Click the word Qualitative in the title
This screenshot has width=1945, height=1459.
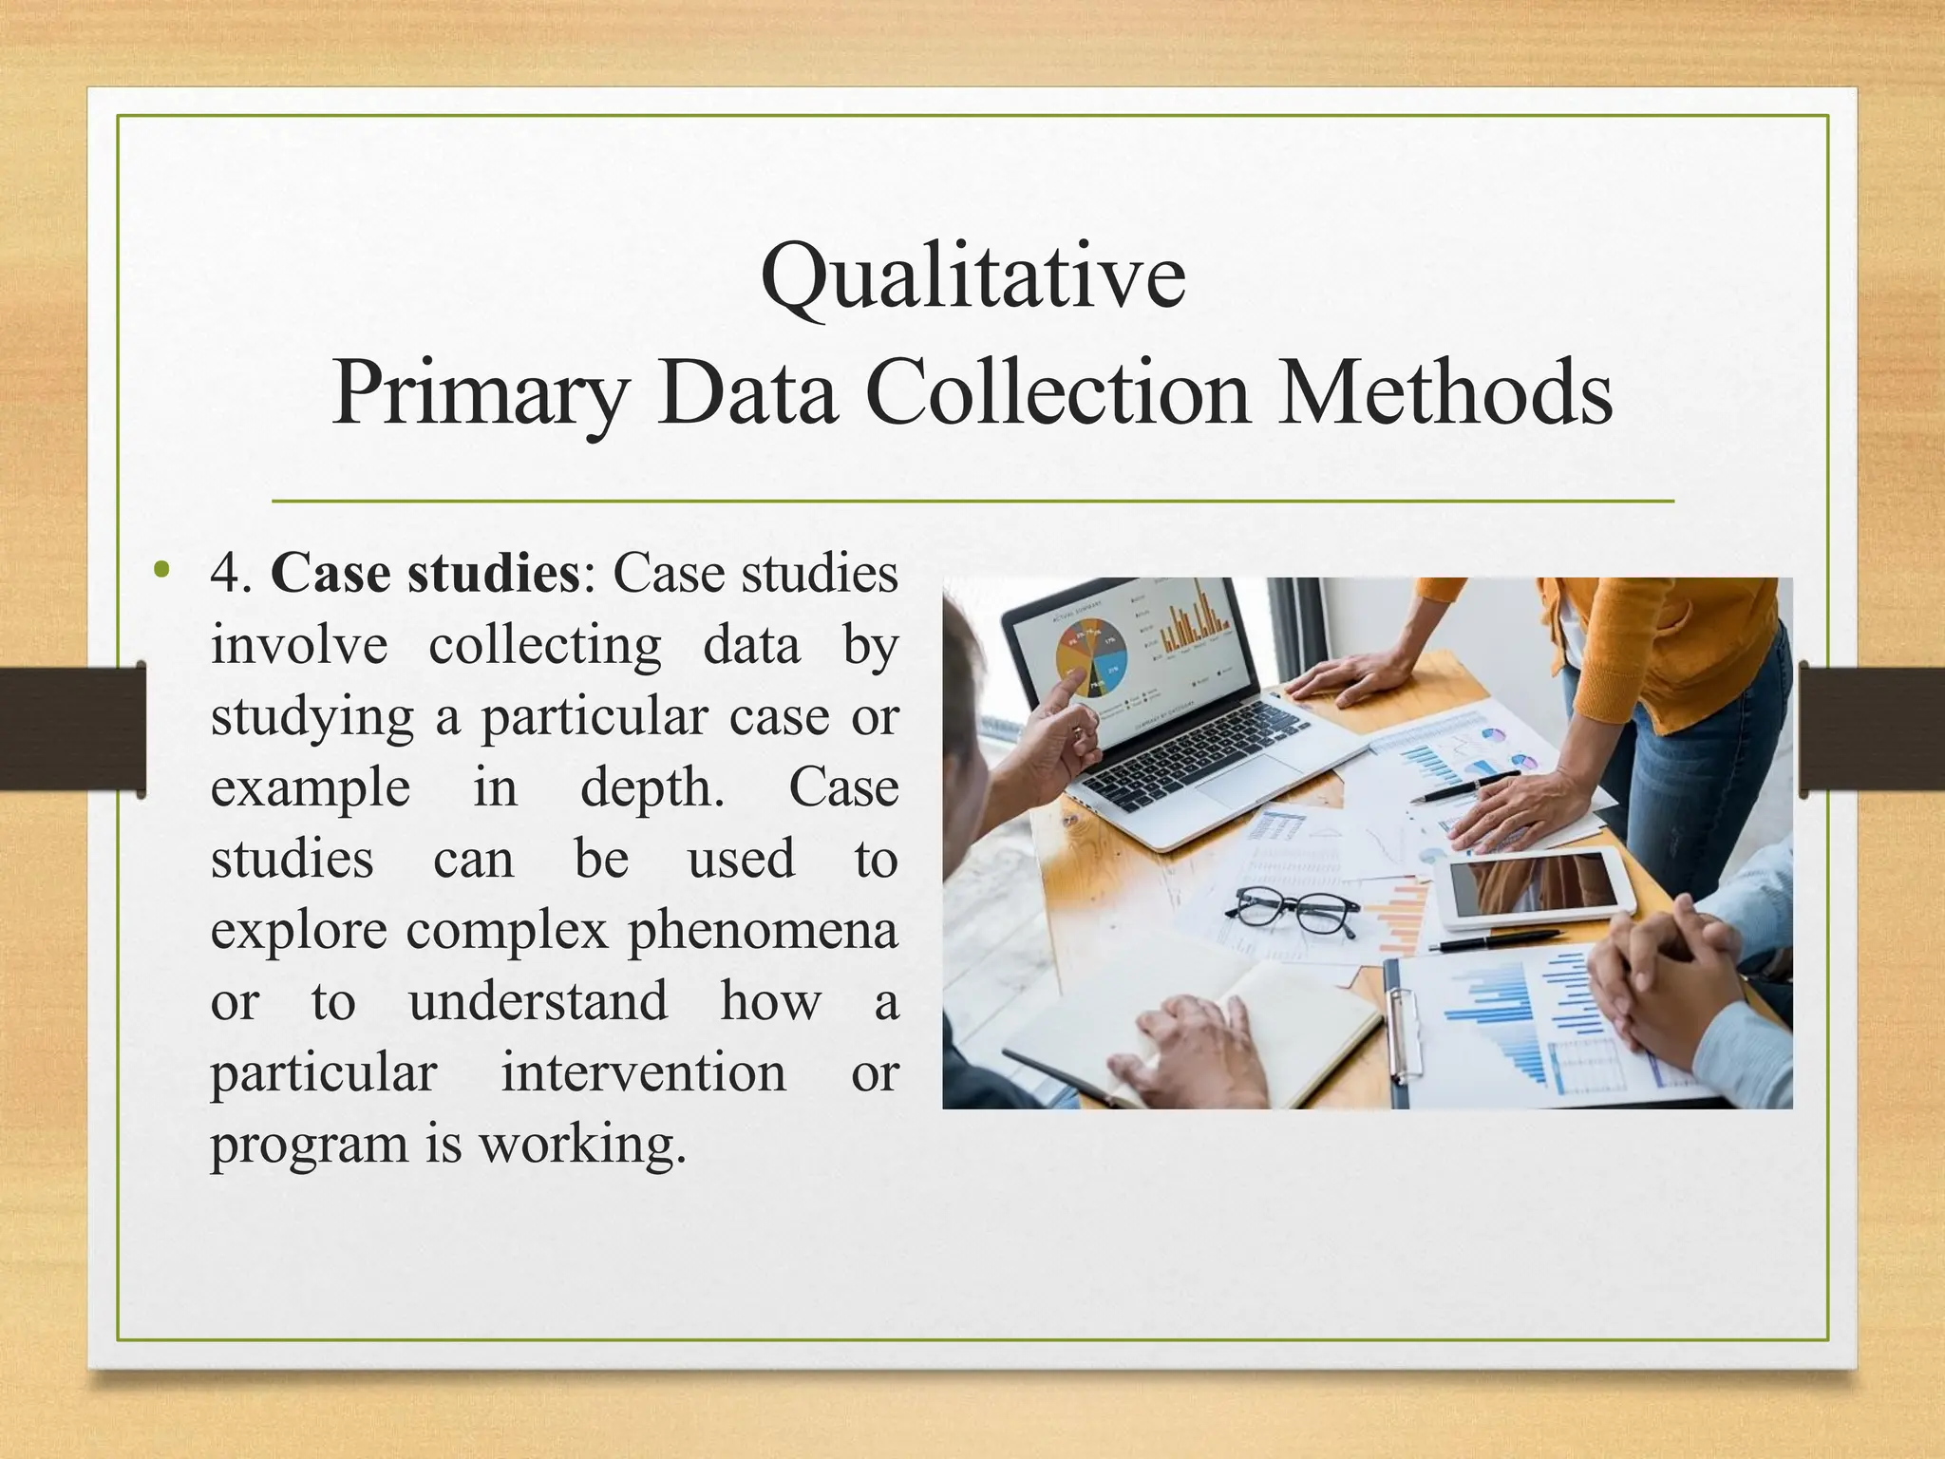pyautogui.click(x=972, y=276)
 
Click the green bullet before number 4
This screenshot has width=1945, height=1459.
pyautogui.click(x=162, y=570)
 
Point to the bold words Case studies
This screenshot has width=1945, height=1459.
pyautogui.click(x=425, y=574)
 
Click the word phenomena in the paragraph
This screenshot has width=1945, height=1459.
pyautogui.click(x=763, y=930)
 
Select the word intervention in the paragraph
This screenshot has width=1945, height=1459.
pyautogui.click(x=643, y=1072)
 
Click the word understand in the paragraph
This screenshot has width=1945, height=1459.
pyautogui.click(x=538, y=1001)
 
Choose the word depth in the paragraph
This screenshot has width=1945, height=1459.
pyautogui.click(x=651, y=787)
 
